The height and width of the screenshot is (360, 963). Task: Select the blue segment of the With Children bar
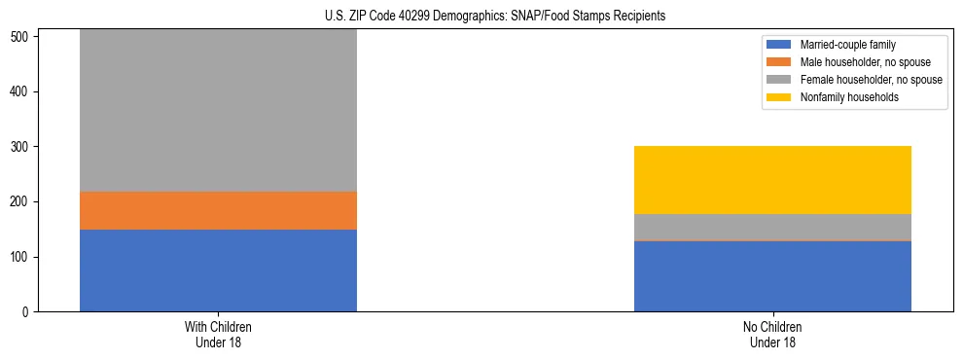[x=218, y=270]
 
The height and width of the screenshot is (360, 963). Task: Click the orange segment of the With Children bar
[x=218, y=210]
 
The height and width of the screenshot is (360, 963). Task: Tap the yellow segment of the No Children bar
[x=772, y=180]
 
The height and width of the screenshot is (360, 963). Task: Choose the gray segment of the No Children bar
[x=772, y=227]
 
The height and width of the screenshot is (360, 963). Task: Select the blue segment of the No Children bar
[x=772, y=276]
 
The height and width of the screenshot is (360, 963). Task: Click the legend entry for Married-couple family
[x=846, y=45]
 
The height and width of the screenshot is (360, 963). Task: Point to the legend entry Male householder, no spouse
[x=864, y=62]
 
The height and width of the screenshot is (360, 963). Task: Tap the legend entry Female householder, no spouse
[x=870, y=80]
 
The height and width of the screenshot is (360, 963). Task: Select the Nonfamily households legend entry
[x=849, y=97]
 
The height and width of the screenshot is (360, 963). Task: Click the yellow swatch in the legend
[x=779, y=97]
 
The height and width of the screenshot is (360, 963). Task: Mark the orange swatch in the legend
[x=779, y=62]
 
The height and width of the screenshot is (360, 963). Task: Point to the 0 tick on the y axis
[x=28, y=312]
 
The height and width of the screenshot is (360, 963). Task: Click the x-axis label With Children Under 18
[x=218, y=335]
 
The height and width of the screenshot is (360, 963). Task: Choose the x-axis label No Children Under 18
[x=772, y=335]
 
